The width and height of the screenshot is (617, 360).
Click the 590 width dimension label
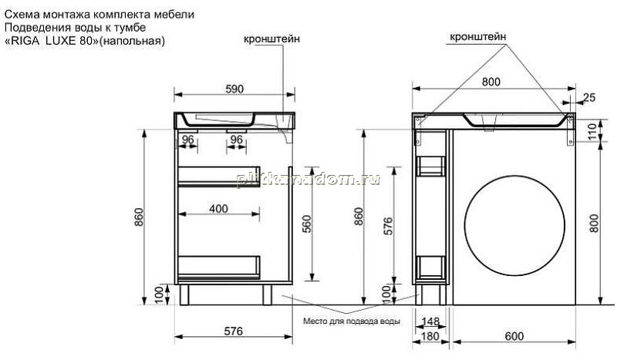(234, 89)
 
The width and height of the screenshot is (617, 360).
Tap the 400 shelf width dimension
(219, 209)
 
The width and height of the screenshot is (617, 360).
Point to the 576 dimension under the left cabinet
(234, 331)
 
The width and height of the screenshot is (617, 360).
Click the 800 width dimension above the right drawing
(491, 82)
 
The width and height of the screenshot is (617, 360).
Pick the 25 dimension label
(589, 97)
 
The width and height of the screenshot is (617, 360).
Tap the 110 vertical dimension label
(605, 130)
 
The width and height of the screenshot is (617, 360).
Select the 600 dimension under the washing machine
(514, 336)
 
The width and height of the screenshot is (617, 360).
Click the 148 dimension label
(430, 321)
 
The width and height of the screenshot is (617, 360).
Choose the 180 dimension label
(430, 336)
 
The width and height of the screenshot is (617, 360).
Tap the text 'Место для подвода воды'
(352, 321)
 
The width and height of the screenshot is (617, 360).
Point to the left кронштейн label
(271, 39)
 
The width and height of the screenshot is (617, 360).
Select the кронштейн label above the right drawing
(477, 37)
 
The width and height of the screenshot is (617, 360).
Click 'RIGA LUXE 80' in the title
(51, 41)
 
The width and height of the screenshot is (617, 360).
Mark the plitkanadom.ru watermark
(308, 180)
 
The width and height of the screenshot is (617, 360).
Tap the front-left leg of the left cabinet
(184, 294)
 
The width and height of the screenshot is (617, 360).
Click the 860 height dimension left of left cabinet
(140, 217)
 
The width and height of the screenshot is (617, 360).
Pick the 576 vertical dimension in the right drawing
(388, 226)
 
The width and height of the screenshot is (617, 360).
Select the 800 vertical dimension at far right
(594, 223)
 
